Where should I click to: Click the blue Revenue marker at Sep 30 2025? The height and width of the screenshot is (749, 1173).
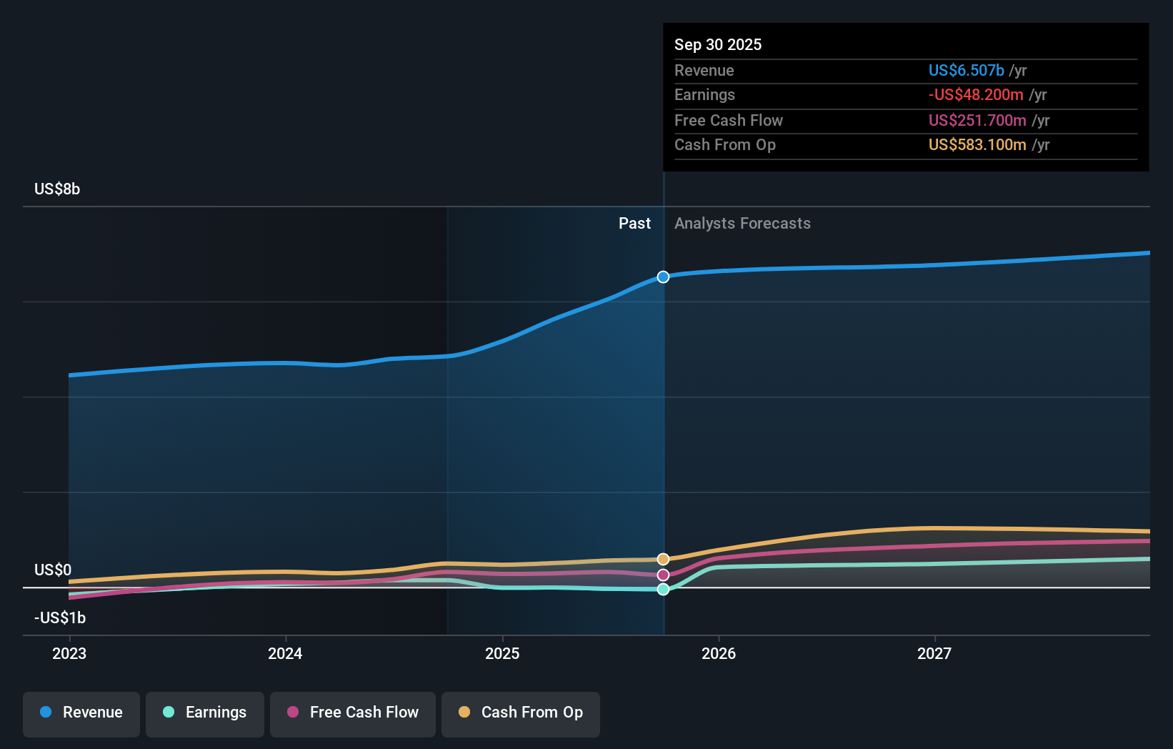click(663, 277)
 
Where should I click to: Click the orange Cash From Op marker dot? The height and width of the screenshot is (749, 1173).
click(663, 559)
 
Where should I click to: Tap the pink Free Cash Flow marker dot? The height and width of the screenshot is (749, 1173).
click(663, 575)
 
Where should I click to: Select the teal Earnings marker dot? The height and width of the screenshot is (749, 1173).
click(663, 589)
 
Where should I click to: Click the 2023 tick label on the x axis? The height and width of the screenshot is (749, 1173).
click(69, 653)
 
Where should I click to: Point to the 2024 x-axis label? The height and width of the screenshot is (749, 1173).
click(285, 653)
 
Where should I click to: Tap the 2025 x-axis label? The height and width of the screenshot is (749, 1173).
click(502, 653)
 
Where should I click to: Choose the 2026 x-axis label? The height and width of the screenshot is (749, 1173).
click(719, 653)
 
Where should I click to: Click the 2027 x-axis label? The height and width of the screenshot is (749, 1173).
click(934, 653)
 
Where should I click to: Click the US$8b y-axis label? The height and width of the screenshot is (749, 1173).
click(57, 189)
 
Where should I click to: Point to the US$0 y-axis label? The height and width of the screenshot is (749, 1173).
click(53, 570)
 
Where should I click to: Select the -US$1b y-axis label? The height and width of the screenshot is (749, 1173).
click(60, 617)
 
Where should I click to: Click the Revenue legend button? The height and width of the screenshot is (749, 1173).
click(81, 713)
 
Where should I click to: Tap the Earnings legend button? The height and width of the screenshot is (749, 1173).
click(205, 713)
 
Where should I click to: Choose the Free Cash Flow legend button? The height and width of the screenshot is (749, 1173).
click(353, 713)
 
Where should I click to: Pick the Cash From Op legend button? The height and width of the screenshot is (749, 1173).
click(521, 713)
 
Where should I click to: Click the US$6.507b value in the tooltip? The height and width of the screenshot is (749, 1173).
click(966, 70)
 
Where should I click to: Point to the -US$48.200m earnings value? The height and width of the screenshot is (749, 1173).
click(976, 94)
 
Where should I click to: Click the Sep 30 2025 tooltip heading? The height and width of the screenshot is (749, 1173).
click(718, 44)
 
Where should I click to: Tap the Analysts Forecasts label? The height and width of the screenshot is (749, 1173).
click(742, 223)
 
